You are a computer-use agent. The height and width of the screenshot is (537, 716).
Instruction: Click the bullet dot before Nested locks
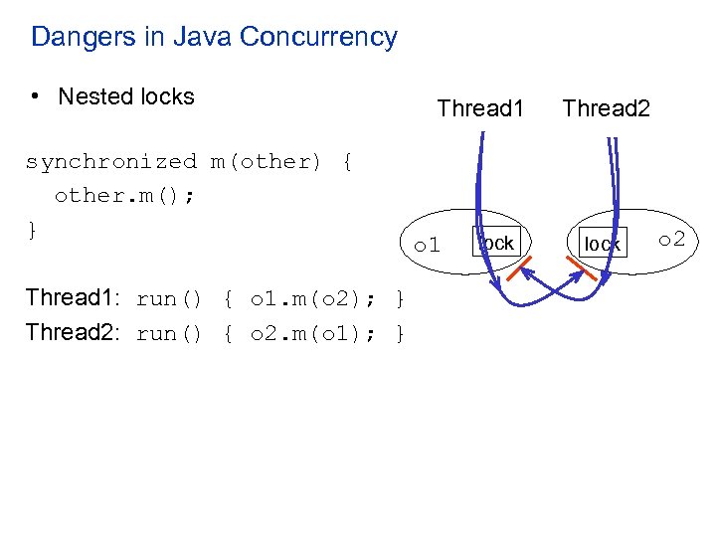tap(35, 96)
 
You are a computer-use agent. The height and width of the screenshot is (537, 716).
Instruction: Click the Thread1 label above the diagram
tap(480, 108)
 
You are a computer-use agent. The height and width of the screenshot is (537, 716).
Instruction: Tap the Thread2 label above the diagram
tap(606, 108)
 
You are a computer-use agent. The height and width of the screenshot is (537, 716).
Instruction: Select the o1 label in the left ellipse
tap(428, 245)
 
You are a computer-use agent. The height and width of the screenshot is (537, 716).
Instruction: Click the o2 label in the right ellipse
tap(672, 240)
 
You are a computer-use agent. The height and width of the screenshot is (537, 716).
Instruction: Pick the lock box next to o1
tap(496, 243)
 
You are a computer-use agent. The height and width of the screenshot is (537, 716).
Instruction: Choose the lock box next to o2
tap(602, 244)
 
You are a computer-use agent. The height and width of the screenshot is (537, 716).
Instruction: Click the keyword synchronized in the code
tap(111, 162)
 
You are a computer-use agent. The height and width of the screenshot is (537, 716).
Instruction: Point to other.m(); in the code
tap(124, 196)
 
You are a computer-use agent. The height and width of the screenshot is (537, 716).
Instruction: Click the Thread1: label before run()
tap(73, 298)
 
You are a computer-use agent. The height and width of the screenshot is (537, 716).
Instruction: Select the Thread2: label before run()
tap(73, 332)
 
